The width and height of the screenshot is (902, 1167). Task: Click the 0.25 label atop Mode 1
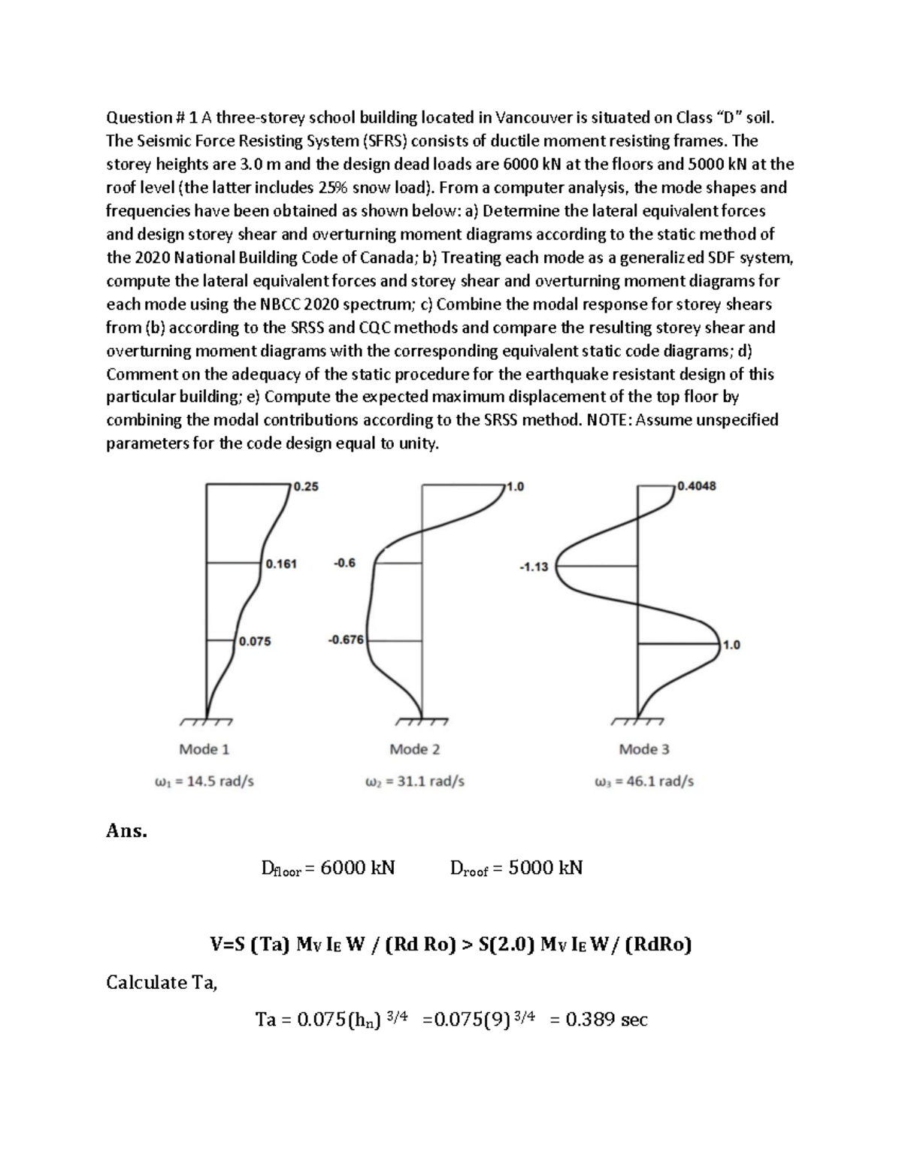coord(306,486)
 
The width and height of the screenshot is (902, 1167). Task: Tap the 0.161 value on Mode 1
coord(281,564)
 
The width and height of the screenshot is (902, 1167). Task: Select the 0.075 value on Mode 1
coord(255,642)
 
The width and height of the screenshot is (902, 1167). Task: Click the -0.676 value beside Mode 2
coord(345,640)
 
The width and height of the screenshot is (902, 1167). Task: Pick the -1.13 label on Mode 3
coord(533,567)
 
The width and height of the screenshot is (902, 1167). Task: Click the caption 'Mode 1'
coord(204,749)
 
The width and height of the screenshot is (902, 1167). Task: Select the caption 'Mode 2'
coord(414,749)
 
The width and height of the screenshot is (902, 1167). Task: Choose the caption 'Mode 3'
coord(643,749)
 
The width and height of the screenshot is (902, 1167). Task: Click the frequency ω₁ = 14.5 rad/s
coord(204,782)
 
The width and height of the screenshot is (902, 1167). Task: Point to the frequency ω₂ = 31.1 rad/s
coord(414,782)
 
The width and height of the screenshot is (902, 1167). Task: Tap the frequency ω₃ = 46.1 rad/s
coord(643,782)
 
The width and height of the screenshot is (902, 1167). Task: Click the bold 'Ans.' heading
coord(126,831)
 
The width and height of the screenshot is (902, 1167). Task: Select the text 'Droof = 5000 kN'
coord(516,869)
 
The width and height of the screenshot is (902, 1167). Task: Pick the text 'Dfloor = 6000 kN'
coord(327,869)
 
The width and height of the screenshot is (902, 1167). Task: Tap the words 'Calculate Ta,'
coord(162,982)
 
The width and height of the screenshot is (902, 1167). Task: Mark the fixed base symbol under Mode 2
coord(421,722)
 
